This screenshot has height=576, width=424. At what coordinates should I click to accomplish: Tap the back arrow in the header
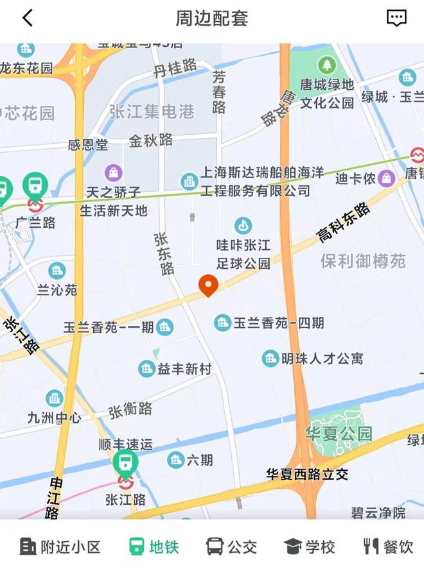tap(27, 18)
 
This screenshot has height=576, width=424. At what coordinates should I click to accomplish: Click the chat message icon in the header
tap(396, 18)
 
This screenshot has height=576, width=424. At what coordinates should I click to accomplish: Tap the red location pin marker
tap(208, 285)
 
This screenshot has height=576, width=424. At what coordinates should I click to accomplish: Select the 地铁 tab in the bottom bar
tap(154, 547)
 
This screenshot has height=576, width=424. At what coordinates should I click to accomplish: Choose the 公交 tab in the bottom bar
tap(231, 547)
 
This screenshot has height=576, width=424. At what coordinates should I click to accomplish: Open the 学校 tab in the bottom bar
tap(310, 547)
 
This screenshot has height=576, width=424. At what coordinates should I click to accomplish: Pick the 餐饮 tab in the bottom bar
tap(388, 547)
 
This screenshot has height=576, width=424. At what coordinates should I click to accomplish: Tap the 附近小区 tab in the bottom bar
tap(60, 547)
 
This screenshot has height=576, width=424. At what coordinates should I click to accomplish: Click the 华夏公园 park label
tap(339, 433)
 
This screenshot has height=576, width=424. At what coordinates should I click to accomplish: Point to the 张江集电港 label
tap(152, 112)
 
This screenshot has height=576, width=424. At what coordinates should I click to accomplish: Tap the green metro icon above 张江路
tap(125, 461)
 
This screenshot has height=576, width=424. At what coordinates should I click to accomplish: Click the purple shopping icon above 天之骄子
tap(114, 172)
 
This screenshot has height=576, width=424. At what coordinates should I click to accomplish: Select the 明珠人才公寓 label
tap(322, 359)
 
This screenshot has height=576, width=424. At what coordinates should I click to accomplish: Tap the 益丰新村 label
tap(184, 369)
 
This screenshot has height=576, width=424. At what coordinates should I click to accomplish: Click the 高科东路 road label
tap(344, 223)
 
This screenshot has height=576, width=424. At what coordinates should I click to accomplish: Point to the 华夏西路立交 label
tap(307, 474)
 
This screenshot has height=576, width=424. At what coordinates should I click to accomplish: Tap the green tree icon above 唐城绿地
tap(326, 65)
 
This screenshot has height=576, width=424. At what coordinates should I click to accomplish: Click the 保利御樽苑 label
tap(363, 261)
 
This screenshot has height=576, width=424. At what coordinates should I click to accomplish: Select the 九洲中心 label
tap(55, 418)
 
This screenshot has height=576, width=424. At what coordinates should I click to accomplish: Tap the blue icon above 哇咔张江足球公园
tap(243, 225)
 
